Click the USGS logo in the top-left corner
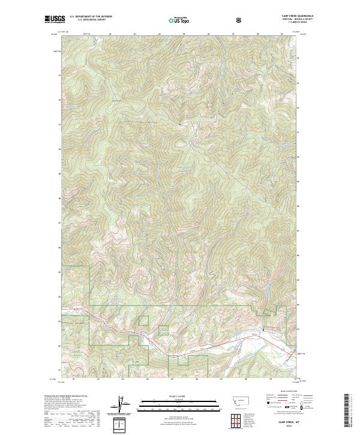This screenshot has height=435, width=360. point(55,20)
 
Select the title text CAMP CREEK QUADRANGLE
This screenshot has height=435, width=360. point(279,16)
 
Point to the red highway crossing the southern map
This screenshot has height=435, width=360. point(198,343)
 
